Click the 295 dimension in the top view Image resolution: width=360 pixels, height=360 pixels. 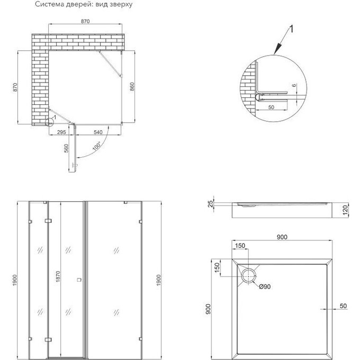point(61,132)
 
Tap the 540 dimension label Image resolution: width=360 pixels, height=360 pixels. point(98,132)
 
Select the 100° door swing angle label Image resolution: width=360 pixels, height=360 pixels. point(97,146)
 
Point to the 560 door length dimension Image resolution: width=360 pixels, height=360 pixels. point(66,148)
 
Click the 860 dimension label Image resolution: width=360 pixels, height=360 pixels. point(132,86)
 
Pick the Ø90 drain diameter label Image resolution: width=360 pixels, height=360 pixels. point(265,286)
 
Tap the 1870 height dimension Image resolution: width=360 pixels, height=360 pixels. point(58,276)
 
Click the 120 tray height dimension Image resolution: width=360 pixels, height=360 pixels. point(345,210)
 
